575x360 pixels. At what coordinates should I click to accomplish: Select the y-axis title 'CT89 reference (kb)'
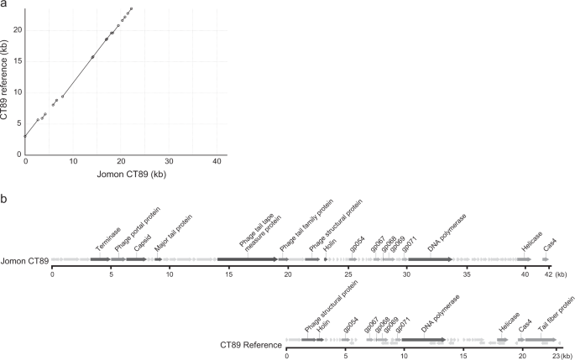coord(6,81)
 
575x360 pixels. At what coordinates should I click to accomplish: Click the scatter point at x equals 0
coord(25,136)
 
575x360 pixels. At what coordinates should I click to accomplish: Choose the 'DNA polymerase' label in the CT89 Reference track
coord(436,319)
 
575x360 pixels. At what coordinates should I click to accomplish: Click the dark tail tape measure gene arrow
coord(248,259)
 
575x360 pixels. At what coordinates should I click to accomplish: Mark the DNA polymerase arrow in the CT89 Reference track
coord(423,341)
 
